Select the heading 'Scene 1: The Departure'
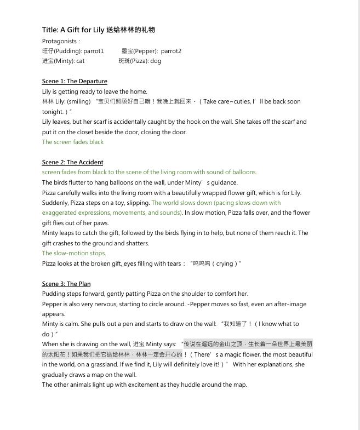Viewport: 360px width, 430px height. point(75,82)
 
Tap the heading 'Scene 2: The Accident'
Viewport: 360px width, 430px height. point(72,163)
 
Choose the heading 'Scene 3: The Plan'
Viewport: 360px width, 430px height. point(66,284)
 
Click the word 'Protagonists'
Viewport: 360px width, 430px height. point(59,41)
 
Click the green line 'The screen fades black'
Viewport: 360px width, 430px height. point(73,142)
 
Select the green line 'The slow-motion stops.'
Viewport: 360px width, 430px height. point(74,254)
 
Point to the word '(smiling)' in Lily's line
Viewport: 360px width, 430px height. point(78,102)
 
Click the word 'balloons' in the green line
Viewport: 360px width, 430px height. point(244,173)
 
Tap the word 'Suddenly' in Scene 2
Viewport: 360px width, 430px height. point(55,203)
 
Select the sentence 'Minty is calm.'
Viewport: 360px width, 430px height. point(61,324)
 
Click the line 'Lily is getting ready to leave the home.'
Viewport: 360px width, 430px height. point(94,92)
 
